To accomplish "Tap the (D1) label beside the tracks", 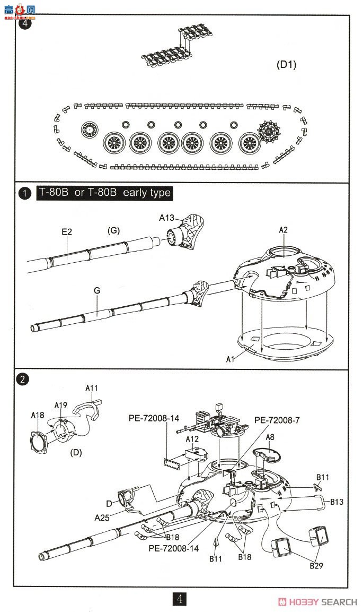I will [x=287, y=65].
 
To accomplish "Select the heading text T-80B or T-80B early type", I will [x=104, y=193].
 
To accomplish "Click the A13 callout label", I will [x=167, y=218].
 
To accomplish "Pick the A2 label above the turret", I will [x=284, y=229].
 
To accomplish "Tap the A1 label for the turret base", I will [x=230, y=359].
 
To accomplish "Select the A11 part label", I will [x=92, y=388].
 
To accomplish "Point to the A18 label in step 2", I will [x=38, y=415].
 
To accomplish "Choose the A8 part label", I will [x=270, y=437].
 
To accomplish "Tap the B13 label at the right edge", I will [x=338, y=501].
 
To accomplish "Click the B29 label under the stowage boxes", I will [x=316, y=566].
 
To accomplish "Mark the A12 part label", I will [x=192, y=438].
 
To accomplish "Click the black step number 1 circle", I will [x=23, y=193].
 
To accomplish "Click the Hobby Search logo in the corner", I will [x=318, y=601].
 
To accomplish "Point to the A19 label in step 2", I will [x=61, y=405].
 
